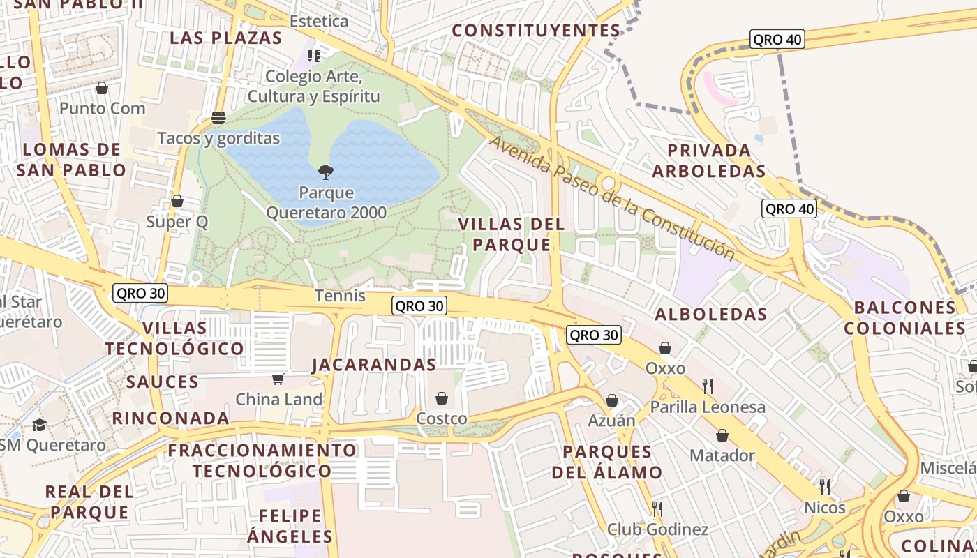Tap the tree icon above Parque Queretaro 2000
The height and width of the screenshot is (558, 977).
[x=325, y=172]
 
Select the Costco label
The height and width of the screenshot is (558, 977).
[x=441, y=418]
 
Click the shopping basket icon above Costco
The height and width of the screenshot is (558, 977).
[x=442, y=398]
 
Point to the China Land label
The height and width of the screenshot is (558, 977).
[x=279, y=400]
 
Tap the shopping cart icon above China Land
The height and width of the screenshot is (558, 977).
[x=278, y=379]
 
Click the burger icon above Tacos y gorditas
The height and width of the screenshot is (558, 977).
[x=218, y=118]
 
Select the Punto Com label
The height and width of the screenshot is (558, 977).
[x=103, y=108]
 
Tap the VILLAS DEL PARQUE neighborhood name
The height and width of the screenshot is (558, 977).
[x=512, y=234]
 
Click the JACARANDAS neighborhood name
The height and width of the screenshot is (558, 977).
[x=374, y=365]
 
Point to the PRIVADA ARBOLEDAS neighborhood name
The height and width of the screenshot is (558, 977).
[x=709, y=160]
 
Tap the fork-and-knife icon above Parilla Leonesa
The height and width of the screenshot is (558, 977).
[x=708, y=386]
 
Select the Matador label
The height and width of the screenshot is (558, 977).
[x=722, y=455]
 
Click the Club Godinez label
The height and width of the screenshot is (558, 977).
[x=657, y=529]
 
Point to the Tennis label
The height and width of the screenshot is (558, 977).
[x=340, y=296]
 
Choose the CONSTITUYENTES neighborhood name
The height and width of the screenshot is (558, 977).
[x=536, y=31]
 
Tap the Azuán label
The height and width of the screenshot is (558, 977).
[x=611, y=421]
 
